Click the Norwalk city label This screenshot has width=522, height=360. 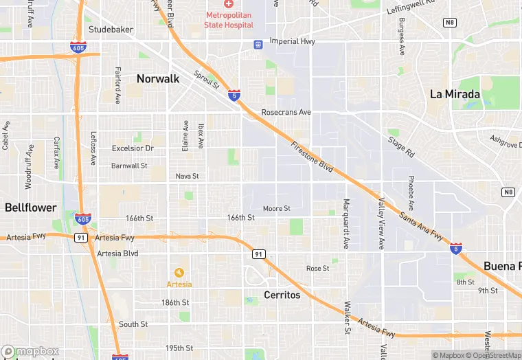(x=158, y=79)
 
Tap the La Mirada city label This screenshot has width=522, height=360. (x=455, y=94)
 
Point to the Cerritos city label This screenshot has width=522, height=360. (x=282, y=295)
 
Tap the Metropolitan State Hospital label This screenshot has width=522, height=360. (x=229, y=20)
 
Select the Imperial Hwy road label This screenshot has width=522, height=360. (x=291, y=41)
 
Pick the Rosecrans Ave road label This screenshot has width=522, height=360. (x=286, y=112)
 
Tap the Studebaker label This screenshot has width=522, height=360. (x=111, y=30)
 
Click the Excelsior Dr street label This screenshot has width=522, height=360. (x=133, y=148)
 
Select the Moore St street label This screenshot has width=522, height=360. (x=277, y=208)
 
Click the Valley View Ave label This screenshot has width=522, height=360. (x=381, y=224)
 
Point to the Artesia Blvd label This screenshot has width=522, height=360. (x=117, y=253)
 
